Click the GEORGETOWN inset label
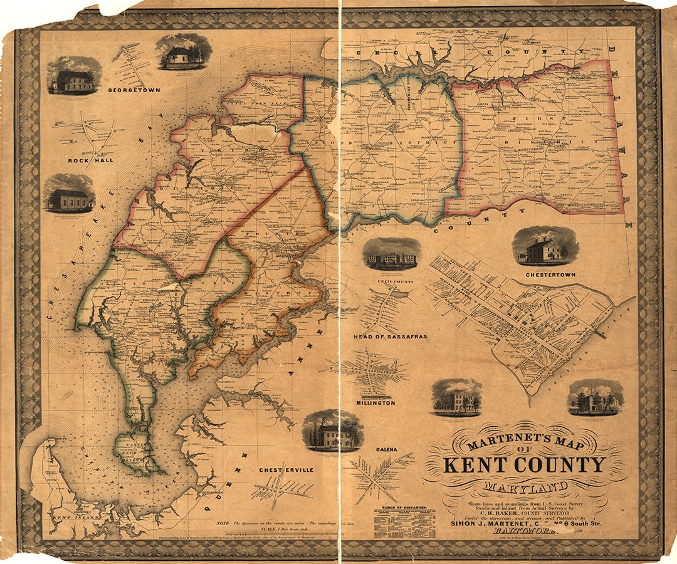[135, 90]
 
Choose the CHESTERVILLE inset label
[286, 469]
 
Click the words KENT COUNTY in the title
[524, 465]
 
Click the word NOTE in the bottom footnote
[224, 523]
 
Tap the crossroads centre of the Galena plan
[378, 474]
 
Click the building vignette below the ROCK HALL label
[70, 194]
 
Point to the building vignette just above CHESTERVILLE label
[332, 431]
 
